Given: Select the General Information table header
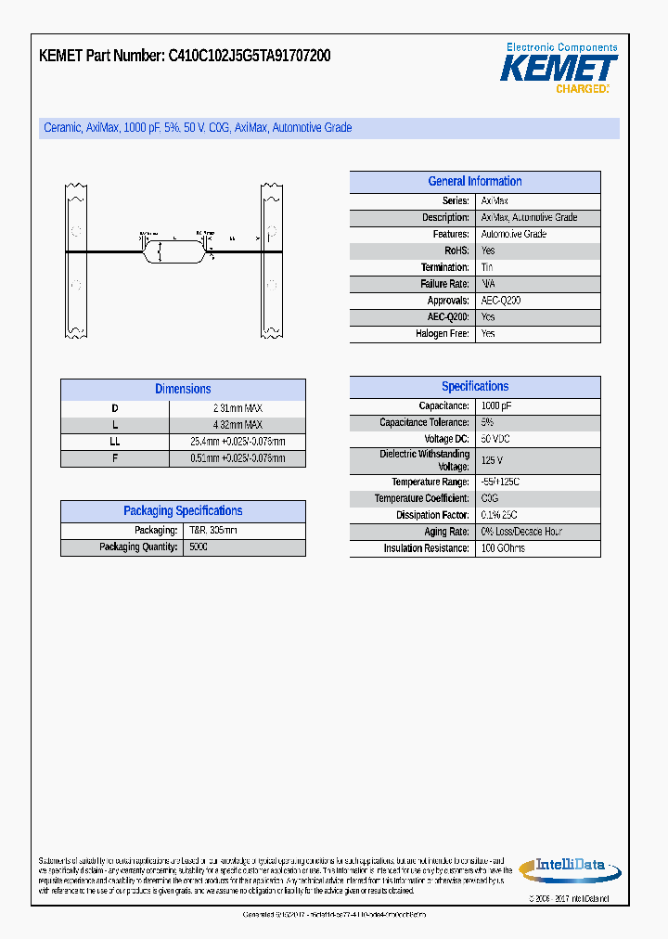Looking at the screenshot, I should click(474, 182).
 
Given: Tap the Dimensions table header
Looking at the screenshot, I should click(183, 389).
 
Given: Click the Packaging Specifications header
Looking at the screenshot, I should click(183, 511).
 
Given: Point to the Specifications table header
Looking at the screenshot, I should click(474, 387).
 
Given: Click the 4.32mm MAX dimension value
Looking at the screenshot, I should click(238, 425).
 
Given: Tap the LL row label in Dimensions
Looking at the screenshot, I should click(115, 442).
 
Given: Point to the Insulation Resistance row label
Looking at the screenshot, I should click(426, 548).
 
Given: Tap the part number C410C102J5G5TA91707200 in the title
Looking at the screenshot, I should click(249, 57).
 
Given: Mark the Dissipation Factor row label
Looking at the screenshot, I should click(432, 515).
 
